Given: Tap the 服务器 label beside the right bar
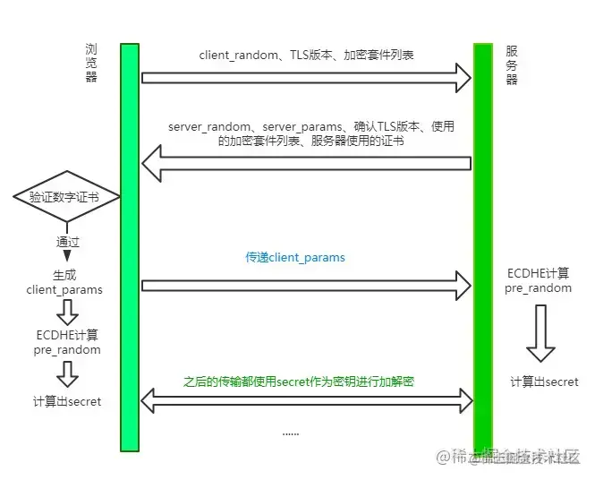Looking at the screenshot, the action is coord(512,65).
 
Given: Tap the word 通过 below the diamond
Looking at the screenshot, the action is coord(68,242).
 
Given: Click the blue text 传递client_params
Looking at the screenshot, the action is coord(295,258).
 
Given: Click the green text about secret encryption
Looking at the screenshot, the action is coord(299,381).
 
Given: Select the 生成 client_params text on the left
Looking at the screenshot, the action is coord(65,282).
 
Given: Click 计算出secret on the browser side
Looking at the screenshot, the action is coord(66,401).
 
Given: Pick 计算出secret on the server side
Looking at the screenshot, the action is coord(544,381).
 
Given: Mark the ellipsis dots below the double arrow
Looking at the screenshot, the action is coord(291,433).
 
